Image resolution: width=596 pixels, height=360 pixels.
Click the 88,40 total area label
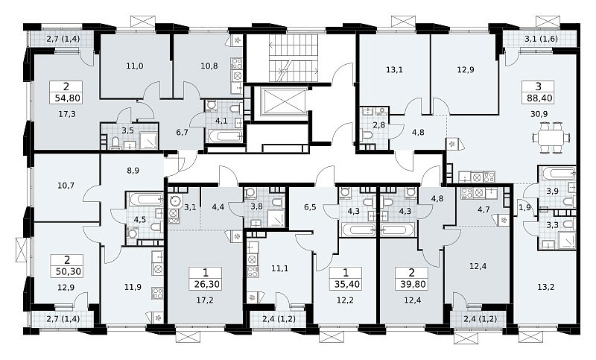coord(539,98)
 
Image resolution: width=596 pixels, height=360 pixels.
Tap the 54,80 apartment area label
coord(67,98)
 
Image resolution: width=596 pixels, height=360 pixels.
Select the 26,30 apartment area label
coord(206,284)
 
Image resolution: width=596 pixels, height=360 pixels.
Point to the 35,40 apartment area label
coord(346,284)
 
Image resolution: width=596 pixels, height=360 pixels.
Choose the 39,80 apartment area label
coord(412,284)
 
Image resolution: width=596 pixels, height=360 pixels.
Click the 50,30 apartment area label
coord(67,271)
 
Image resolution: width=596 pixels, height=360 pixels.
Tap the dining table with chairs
coord(551,137)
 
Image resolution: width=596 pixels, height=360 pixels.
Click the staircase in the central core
coord(294,57)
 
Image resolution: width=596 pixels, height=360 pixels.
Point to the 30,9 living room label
coord(539,113)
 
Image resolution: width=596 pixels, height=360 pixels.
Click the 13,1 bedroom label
coord(394,70)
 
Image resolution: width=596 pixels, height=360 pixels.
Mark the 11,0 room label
coord(135,66)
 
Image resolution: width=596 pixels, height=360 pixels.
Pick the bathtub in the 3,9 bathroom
coord(557,174)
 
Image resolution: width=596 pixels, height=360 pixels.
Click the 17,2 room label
coord(205,300)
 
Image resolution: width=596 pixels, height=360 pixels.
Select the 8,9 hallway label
coord(133,171)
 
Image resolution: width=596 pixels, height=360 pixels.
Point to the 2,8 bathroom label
coord(379,125)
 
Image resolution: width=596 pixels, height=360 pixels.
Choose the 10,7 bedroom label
coord(66,186)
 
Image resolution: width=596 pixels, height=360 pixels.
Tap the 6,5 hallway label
coord(310,208)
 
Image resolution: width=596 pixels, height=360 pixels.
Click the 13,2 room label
coord(546,287)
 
